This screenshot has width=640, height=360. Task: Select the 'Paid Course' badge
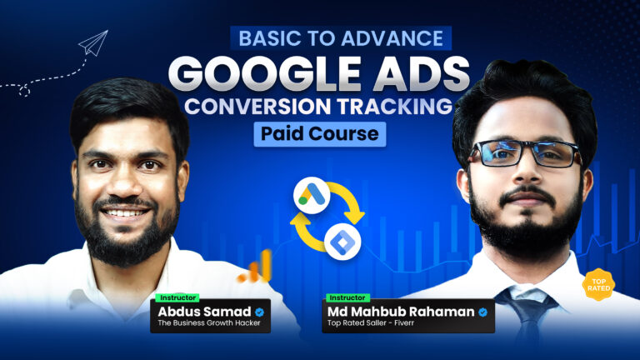click(320, 134)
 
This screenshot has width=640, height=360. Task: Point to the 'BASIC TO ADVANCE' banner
click(320, 37)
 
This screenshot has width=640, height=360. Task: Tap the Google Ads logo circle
click(311, 197)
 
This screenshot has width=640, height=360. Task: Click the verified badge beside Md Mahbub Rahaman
click(482, 312)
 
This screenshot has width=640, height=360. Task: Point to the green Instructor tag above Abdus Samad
click(172, 297)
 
